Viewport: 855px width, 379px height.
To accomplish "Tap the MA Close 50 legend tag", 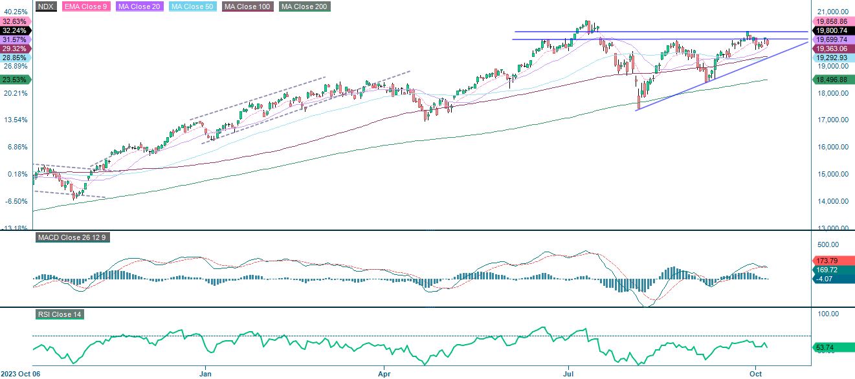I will pos(192,6).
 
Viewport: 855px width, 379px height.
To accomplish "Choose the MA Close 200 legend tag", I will pos(304,6).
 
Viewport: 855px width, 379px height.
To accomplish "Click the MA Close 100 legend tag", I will pos(248,6).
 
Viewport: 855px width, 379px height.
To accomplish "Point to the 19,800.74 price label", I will pos(832,30).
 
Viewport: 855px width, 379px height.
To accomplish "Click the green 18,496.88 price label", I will pos(832,79).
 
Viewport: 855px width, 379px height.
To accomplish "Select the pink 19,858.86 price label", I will pos(832,21).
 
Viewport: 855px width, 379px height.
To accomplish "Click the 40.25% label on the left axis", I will pos(16,12).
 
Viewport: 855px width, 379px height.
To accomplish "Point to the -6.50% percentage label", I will pos(16,201).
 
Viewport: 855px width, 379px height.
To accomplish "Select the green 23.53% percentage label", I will pos(16,80).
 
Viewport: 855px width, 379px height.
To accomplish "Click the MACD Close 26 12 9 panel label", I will pos(72,237).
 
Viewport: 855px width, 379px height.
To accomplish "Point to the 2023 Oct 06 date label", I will pos(21,373).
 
